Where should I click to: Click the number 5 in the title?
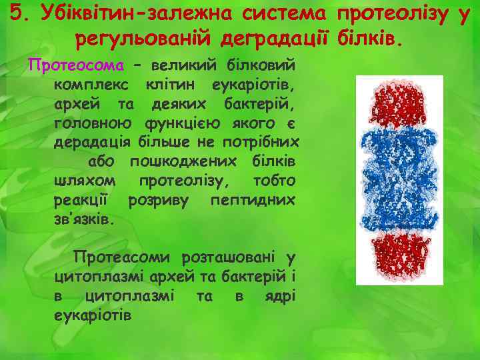(16, 14)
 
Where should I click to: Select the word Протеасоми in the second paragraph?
(119, 257)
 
